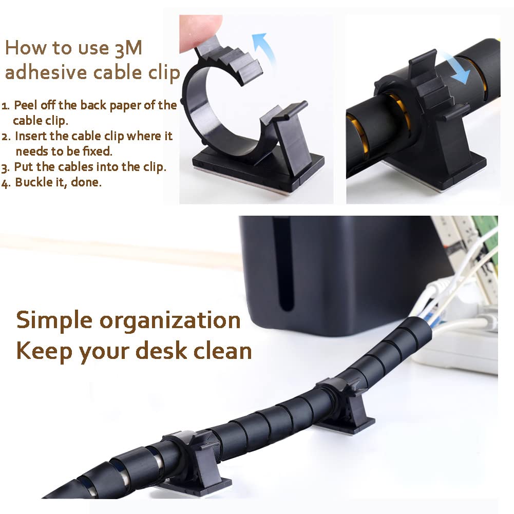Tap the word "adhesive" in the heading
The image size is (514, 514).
pyautogui.click(x=46, y=72)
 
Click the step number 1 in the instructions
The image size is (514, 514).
pyautogui.click(x=5, y=106)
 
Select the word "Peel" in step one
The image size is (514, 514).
pyautogui.click(x=25, y=105)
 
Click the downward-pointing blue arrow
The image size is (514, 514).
pyautogui.click(x=455, y=69)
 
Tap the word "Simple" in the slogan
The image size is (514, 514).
pyautogui.click(x=54, y=320)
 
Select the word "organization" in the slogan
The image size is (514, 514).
pyautogui.click(x=170, y=320)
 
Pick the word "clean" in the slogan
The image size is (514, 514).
pyautogui.click(x=222, y=350)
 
